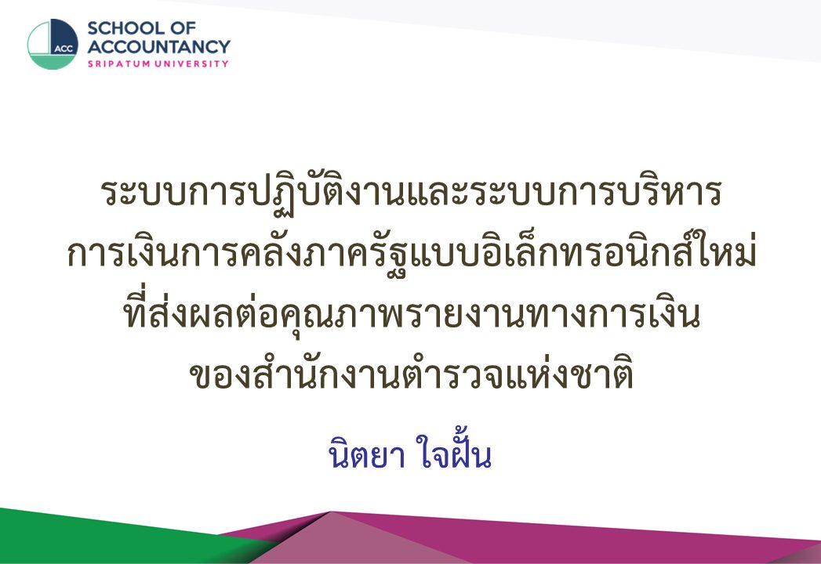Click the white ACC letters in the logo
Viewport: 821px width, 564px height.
pyautogui.click(x=64, y=49)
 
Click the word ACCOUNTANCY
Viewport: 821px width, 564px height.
pyautogui.click(x=158, y=46)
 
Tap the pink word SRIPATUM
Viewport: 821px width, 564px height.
pyautogui.click(x=118, y=63)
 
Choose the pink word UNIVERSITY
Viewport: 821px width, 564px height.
pyautogui.click(x=191, y=63)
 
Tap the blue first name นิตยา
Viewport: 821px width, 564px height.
pyautogui.click(x=366, y=454)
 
